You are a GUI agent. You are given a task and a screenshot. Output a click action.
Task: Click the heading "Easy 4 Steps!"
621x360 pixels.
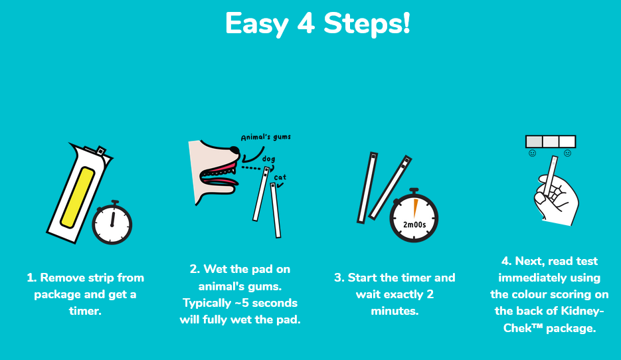coord(317,23)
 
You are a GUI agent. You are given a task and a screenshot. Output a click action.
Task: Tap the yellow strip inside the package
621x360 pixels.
coord(78,198)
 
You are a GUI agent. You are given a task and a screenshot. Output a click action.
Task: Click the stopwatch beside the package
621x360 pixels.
coord(112,223)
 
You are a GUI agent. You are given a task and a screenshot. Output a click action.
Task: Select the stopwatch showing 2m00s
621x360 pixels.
coord(414,215)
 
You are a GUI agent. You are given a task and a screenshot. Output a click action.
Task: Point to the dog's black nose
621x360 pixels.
coord(234,151)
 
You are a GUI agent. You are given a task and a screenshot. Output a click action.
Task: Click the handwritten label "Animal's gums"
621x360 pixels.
coord(266,137)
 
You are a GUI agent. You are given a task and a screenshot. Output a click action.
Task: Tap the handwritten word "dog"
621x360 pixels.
coord(268,159)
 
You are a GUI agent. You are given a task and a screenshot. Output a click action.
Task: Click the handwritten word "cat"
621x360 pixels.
coord(280,177)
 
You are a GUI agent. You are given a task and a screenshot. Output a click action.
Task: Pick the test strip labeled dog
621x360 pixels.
coord(261,194)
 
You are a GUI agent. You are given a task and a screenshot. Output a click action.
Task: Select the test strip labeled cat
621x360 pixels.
coord(276,210)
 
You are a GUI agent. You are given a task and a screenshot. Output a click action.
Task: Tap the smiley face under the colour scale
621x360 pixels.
coord(532,153)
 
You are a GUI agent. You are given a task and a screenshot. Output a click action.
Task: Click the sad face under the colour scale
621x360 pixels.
coord(567,153)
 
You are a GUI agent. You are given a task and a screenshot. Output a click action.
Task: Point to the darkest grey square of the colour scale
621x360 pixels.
coord(534,141)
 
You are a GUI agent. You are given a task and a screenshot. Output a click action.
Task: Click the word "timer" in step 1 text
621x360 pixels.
coord(85,311)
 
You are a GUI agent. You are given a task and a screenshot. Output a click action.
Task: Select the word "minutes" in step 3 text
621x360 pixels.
coord(395,311)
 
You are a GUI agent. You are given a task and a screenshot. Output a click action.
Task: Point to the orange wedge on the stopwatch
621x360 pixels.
coord(416,209)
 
